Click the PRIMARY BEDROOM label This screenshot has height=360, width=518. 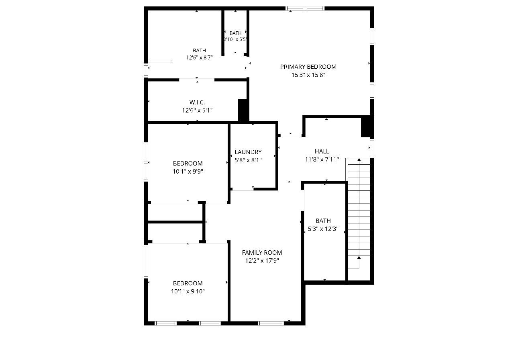click(308, 67)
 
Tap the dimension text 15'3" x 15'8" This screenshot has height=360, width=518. click(308, 75)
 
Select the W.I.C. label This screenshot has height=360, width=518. click(197, 102)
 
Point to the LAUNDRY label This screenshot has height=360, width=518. click(248, 152)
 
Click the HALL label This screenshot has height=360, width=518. click(322, 151)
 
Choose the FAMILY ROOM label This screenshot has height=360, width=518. click(262, 252)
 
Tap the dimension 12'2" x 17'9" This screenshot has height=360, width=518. click(262, 261)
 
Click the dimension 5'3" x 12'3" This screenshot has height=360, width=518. click(323, 229)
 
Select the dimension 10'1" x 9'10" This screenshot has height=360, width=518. click(188, 291)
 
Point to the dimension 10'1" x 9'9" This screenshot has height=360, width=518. click(188, 172)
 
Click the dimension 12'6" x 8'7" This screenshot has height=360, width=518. click(199, 57)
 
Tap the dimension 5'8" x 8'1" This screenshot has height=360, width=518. click(248, 160)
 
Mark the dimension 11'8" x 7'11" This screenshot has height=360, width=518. click(322, 160)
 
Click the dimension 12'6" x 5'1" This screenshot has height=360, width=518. click(197, 110)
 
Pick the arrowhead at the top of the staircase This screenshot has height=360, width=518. click(359, 160)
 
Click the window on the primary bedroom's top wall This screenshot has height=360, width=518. click(305, 8)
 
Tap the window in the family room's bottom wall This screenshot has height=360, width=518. click(271, 323)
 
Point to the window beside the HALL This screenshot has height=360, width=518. click(372, 148)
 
